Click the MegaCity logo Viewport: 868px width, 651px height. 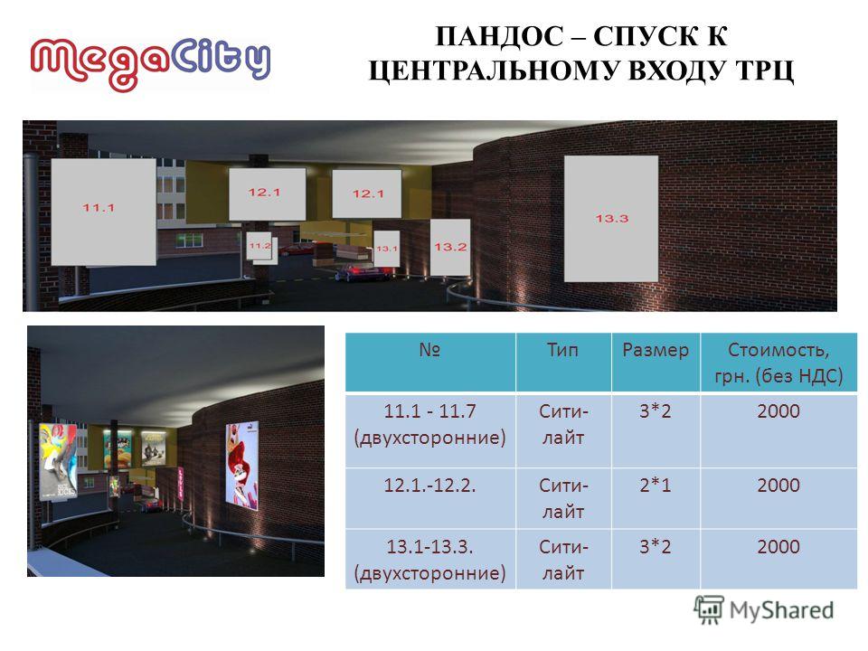pyautogui.click(x=151, y=63)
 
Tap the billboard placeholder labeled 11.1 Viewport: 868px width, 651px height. pyautogui.click(x=103, y=212)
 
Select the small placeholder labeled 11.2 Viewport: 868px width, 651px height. pyautogui.click(x=259, y=246)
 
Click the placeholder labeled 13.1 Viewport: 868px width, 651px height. pyautogui.click(x=386, y=249)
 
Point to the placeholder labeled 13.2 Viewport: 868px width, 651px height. pyautogui.click(x=450, y=247)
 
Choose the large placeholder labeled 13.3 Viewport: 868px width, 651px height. pyautogui.click(x=611, y=218)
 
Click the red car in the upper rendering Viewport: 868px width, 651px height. pyautogui.click(x=358, y=273)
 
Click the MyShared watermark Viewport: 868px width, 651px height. pyautogui.click(x=764, y=610)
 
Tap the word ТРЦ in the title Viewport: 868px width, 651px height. pyautogui.click(x=765, y=71)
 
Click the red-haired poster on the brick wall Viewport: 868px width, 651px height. pyautogui.click(x=242, y=466)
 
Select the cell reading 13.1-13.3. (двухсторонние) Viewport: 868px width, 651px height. pyautogui.click(x=430, y=559)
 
